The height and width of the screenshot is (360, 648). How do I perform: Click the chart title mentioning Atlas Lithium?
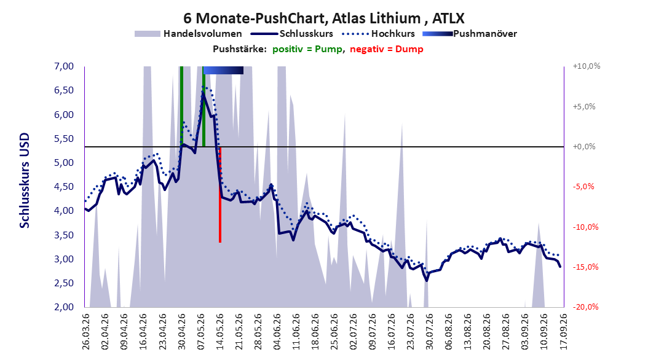tap(324, 18)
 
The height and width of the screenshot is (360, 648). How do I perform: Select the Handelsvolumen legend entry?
tap(188, 34)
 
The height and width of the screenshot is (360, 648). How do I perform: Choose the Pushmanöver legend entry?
tap(470, 34)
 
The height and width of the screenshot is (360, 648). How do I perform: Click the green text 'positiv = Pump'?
tap(307, 49)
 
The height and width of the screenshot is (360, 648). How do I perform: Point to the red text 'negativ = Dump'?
tap(387, 49)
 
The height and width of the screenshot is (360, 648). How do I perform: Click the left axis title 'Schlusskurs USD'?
tap(25, 181)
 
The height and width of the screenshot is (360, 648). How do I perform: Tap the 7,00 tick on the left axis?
tap(64, 66)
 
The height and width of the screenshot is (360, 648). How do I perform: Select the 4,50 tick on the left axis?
tap(64, 187)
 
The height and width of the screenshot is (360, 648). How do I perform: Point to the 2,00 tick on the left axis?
tap(64, 307)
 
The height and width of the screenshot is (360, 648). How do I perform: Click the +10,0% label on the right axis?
tap(587, 66)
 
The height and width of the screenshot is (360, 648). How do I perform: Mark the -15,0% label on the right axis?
tap(585, 267)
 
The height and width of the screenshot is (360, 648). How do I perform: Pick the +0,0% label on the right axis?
tap(584, 147)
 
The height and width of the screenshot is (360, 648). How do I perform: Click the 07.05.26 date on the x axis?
tap(201, 332)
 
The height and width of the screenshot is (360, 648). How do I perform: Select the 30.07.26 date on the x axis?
tap(430, 332)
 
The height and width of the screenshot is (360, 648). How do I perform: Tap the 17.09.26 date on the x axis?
tap(563, 332)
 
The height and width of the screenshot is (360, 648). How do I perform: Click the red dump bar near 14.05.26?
tap(220, 195)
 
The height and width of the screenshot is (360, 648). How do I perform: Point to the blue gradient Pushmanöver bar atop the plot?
tap(223, 70)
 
